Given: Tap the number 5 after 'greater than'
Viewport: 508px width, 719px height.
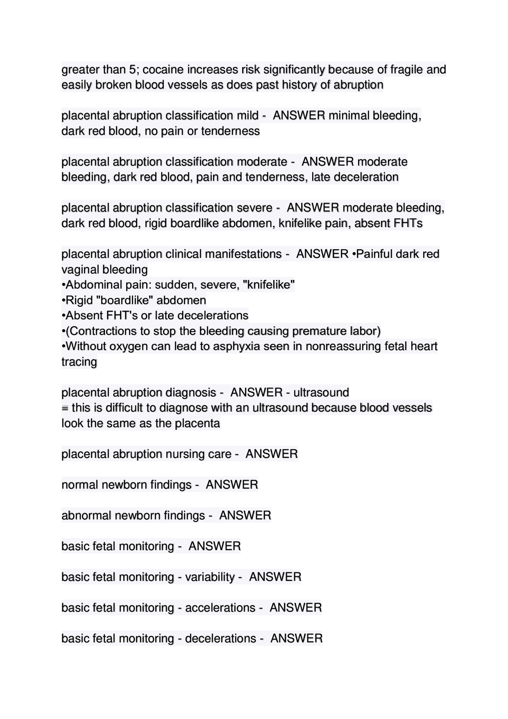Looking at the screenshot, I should pos(132,70).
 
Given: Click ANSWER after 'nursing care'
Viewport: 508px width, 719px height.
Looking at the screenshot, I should pos(272,454).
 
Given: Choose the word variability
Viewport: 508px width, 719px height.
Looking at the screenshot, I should pos(210,577).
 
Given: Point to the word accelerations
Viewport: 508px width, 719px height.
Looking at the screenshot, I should pos(220,608).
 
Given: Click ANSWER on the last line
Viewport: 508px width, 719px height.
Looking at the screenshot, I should pos(297,639).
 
